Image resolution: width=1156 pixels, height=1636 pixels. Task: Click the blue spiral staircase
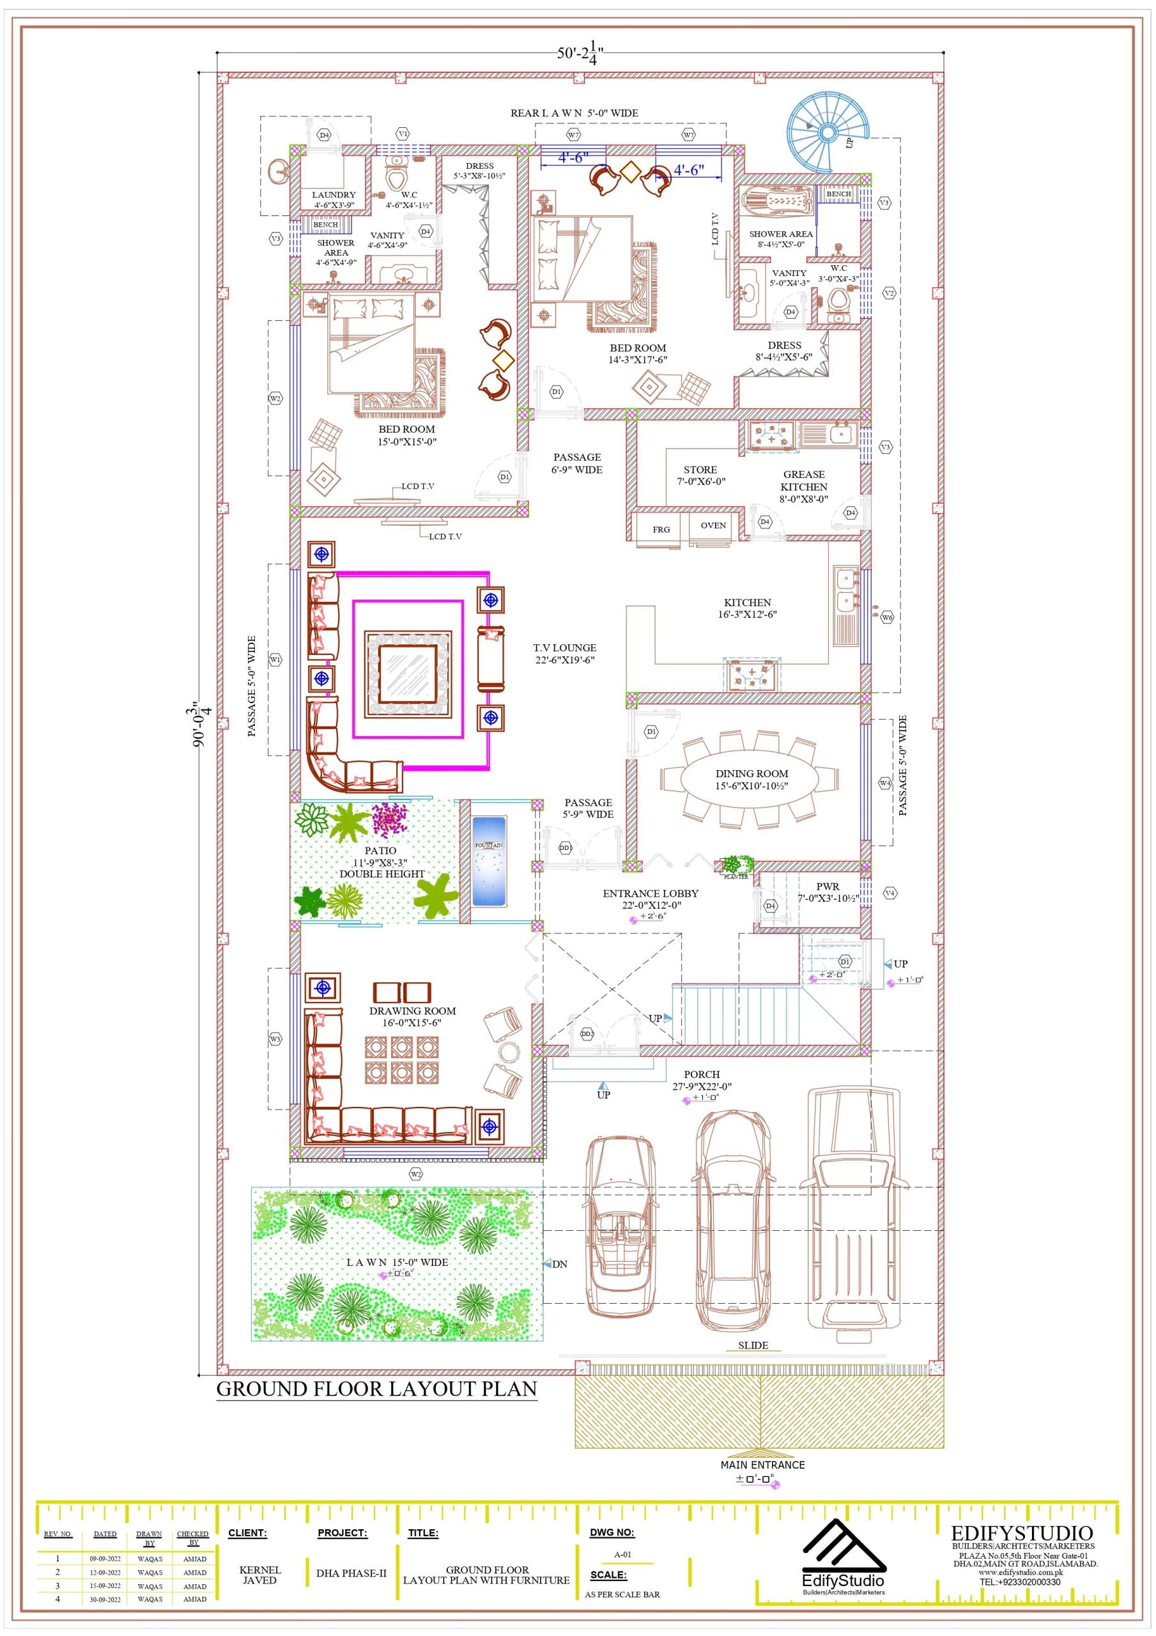click(x=827, y=134)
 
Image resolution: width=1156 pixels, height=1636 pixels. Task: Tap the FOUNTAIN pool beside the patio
click(x=489, y=862)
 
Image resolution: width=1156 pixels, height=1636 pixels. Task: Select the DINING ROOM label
click(x=752, y=773)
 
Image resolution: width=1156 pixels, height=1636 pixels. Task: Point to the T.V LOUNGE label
click(x=564, y=648)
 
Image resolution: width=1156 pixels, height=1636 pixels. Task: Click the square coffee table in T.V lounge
click(x=408, y=674)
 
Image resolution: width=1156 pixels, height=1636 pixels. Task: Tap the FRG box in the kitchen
click(x=661, y=529)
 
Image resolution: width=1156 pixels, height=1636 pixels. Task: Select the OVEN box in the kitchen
click(x=713, y=526)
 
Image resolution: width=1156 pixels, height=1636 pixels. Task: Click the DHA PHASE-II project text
click(x=351, y=1573)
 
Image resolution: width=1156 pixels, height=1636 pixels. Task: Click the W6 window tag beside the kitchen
click(x=886, y=618)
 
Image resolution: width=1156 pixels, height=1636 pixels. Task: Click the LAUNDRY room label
click(x=334, y=194)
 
